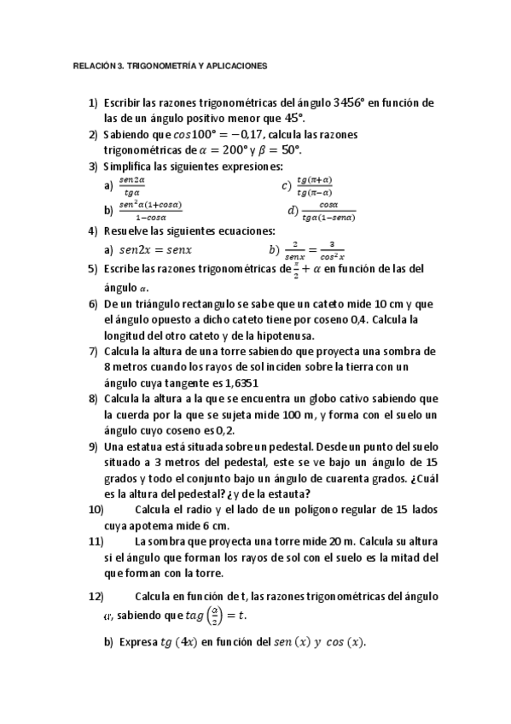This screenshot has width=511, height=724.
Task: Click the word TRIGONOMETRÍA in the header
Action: pos(157,64)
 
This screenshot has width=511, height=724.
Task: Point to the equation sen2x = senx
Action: pos(155,249)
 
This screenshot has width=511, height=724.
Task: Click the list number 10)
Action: pos(96,510)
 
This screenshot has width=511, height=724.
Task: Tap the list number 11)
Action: pos(96,541)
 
